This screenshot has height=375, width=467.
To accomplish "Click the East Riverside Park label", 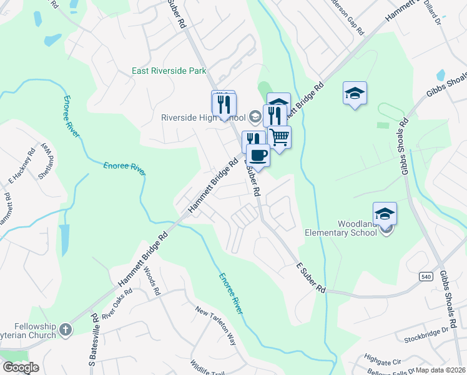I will coord(169,71).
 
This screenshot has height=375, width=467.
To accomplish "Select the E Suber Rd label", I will coord(311,278).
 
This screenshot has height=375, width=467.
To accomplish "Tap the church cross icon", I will coord(66,327).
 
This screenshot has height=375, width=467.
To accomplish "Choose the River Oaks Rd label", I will coord(117,304).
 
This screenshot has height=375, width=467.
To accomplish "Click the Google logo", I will coord(21,367).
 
